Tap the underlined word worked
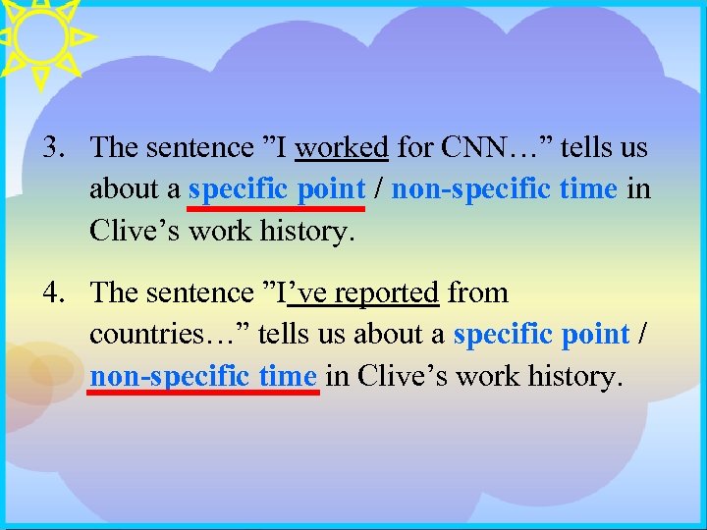(342, 148)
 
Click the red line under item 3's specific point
(276, 208)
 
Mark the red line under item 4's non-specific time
(204, 391)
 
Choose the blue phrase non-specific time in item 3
(505, 188)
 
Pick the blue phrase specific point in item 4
(541, 335)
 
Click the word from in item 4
(477, 293)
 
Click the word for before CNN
(414, 148)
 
